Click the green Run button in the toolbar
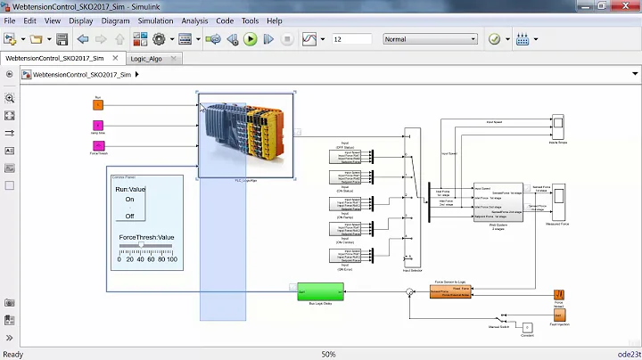tap(251, 39)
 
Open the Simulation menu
tap(156, 20)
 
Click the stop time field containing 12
tap(350, 39)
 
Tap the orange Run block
tap(98, 104)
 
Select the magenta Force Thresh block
tap(98, 146)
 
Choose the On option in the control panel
tap(130, 200)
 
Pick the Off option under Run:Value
tap(130, 216)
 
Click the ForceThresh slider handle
tap(142, 245)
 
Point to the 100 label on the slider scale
tap(171, 259)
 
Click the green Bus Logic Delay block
tap(320, 292)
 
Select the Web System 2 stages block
tap(498, 202)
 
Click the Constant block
tap(527, 327)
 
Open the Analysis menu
tap(194, 20)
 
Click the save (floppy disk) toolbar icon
tap(62, 39)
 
